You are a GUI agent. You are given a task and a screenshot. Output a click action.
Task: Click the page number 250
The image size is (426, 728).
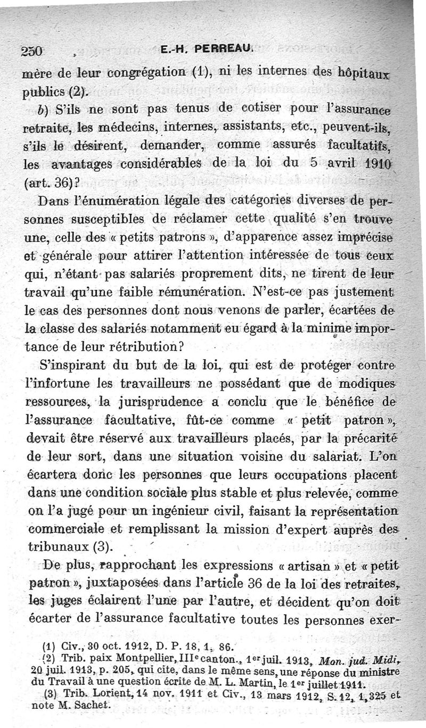click(32, 51)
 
